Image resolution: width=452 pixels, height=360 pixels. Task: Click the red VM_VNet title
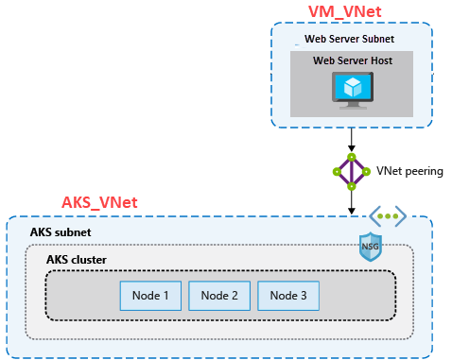tap(352, 10)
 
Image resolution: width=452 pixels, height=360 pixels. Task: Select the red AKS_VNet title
tap(99, 202)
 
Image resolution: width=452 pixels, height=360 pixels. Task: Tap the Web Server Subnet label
tap(349, 40)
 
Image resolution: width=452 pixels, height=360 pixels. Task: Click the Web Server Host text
tap(352, 60)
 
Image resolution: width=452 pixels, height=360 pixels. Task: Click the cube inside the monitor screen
tap(352, 86)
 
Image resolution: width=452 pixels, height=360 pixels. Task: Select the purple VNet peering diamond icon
tap(352, 172)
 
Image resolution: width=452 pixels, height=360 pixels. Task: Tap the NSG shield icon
tap(370, 247)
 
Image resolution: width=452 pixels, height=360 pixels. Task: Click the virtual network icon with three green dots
tap(387, 216)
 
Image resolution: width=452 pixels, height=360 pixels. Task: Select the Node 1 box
tap(152, 296)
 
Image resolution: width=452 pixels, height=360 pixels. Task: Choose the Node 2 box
tap(220, 296)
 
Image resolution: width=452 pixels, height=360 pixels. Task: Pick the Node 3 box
tap(288, 296)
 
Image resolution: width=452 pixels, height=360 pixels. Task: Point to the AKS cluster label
tap(77, 260)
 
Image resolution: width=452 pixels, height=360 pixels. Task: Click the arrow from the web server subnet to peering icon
tap(352, 140)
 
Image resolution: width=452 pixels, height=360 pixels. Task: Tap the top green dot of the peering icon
tap(352, 156)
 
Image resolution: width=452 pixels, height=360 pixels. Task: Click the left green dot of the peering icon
tap(336, 172)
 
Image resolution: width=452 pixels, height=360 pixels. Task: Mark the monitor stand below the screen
tap(352, 104)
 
